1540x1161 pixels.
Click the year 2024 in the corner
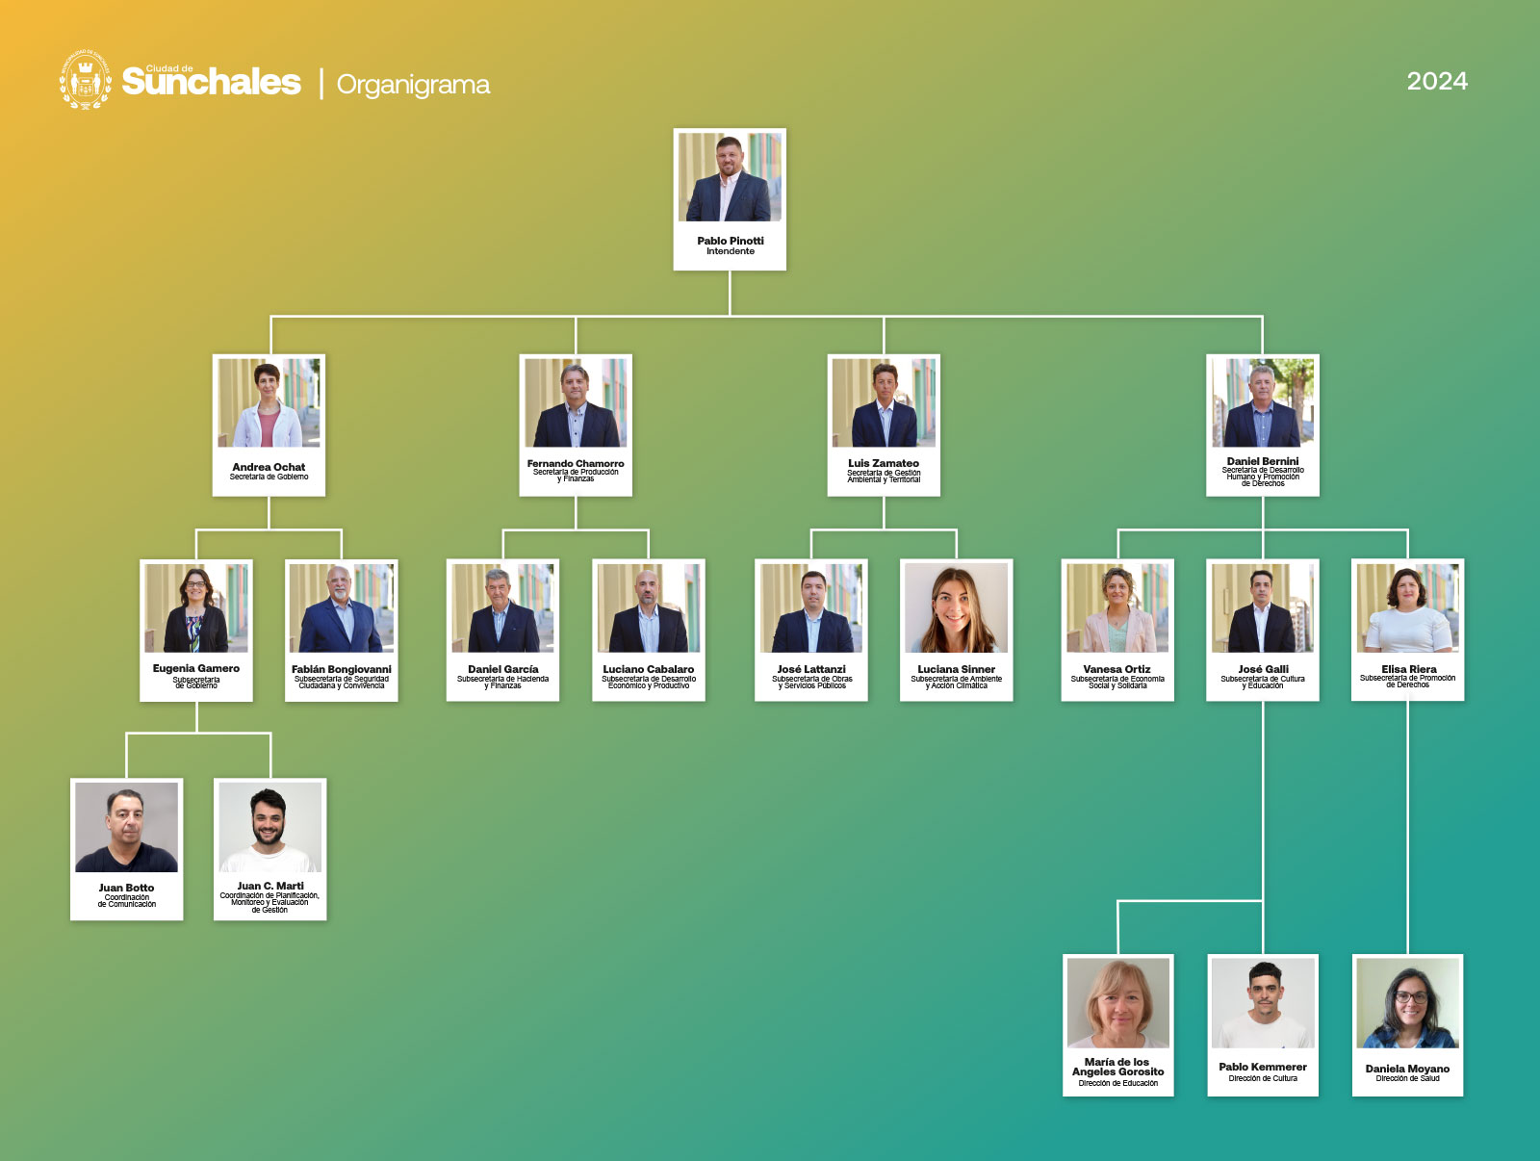[1437, 82]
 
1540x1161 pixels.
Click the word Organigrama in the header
[413, 85]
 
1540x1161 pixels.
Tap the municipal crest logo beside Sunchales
[86, 80]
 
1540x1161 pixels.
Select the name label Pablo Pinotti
[731, 241]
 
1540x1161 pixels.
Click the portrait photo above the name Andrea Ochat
[269, 402]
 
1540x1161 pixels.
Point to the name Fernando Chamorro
[576, 463]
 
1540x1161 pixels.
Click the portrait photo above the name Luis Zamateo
[884, 402]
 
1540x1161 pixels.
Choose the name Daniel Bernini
[1263, 461]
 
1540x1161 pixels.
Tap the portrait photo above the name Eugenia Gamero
[196, 607]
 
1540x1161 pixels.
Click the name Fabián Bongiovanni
[342, 669]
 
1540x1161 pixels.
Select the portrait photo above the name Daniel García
[503, 607]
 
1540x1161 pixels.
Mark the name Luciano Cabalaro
[649, 669]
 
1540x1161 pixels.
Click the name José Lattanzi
[811, 669]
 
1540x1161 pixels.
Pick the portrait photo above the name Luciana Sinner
[957, 607]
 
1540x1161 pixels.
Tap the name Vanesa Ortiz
[1116, 669]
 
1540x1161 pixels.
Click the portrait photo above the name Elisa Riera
[1408, 607]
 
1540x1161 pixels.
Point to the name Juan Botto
[126, 888]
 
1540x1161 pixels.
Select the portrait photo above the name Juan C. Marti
[270, 827]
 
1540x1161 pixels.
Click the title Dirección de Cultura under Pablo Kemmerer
[1263, 1078]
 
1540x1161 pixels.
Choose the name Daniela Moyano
[1407, 1069]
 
